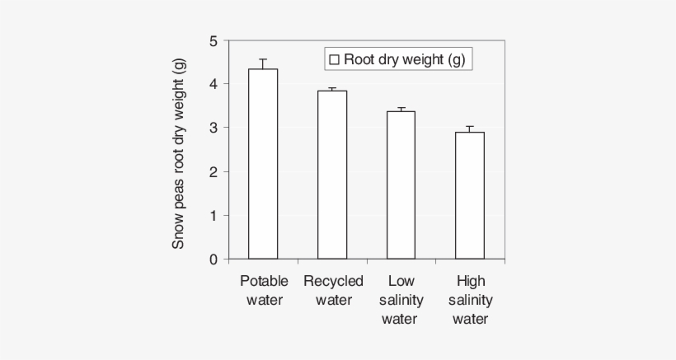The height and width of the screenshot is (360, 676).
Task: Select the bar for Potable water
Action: (x=263, y=165)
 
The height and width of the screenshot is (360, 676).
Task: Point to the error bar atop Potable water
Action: (x=263, y=63)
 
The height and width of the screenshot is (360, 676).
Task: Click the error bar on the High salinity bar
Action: (x=470, y=129)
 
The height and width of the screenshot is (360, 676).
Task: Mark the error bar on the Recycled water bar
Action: (x=332, y=89)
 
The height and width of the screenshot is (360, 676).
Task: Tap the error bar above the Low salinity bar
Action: (x=401, y=109)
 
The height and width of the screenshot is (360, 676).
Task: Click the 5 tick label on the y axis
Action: (x=214, y=40)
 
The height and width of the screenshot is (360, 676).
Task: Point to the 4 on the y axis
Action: (x=214, y=84)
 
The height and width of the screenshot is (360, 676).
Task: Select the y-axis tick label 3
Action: (x=214, y=128)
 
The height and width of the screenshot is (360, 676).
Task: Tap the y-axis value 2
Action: (x=214, y=172)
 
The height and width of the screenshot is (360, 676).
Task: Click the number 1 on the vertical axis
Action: (x=214, y=216)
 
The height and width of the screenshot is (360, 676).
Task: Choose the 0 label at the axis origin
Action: (x=214, y=259)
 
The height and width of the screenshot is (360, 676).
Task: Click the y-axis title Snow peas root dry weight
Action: (x=178, y=152)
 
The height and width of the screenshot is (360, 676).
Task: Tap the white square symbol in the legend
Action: (x=335, y=59)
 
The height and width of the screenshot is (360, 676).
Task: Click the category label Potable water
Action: (x=264, y=290)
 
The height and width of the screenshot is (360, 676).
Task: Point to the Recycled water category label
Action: (x=333, y=290)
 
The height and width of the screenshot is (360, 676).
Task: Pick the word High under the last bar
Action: (x=471, y=281)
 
